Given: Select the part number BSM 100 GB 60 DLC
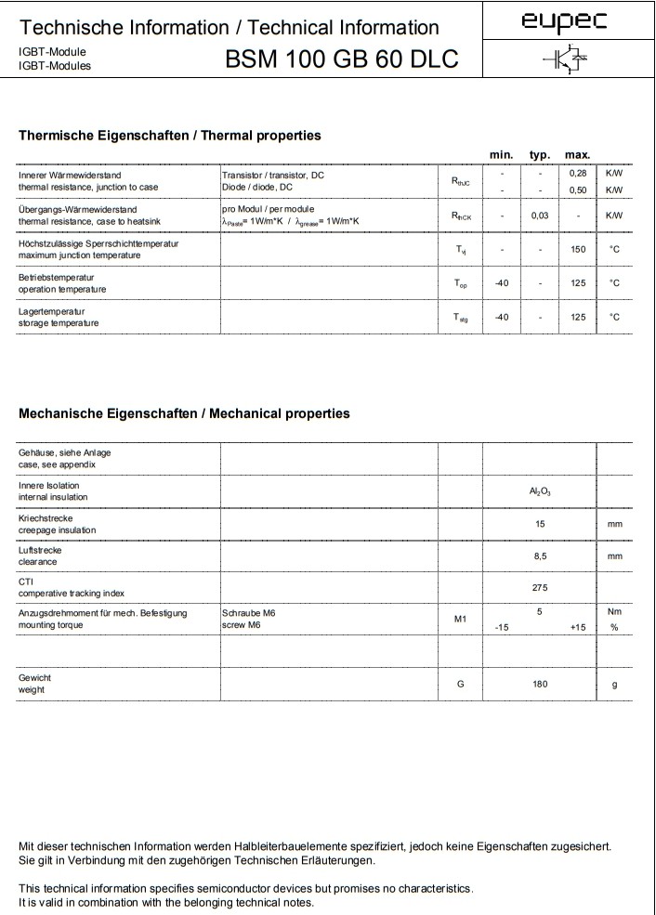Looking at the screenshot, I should coord(341,59).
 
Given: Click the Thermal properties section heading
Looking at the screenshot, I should coord(170,136).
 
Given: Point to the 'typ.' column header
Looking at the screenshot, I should coord(540,154).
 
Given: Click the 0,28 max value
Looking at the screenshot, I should coord(578,174).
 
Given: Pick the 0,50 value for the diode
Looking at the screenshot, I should coord(578,190).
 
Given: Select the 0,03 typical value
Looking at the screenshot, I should coord(540,216).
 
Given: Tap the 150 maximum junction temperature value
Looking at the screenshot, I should coord(578,249).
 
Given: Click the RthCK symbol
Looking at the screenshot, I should coord(460,216).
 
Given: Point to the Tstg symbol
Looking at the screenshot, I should coord(460,318).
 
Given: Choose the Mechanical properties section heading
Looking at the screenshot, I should coord(184,413).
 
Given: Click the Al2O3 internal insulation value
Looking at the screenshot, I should coord(540,491).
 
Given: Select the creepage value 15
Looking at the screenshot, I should coord(540,524).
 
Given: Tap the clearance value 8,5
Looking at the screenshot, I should coord(540,556).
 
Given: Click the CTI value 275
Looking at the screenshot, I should coord(540,587).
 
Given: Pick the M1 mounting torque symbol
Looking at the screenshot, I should coord(460,619).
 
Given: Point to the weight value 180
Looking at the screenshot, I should coord(540,685).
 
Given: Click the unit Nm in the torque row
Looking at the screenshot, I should coord(613,612).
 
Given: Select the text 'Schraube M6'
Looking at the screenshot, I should coord(249,613).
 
